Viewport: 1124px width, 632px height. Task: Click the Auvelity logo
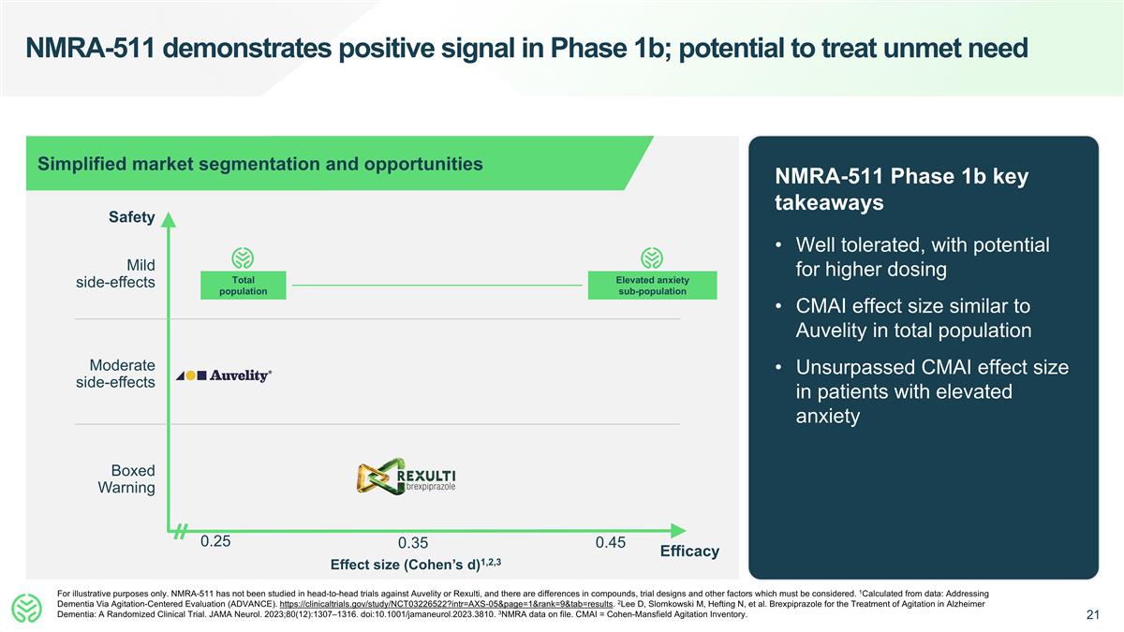coord(224,375)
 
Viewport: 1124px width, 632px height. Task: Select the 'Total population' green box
coord(243,286)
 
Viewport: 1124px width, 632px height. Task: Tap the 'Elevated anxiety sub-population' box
coord(652,286)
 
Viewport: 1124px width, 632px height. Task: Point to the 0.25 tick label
coord(215,541)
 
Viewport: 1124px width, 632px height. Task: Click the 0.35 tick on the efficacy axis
coord(412,544)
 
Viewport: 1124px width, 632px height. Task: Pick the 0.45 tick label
coord(610,541)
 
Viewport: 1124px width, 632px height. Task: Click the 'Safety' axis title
coord(131,217)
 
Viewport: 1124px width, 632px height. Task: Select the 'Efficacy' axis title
coord(689,551)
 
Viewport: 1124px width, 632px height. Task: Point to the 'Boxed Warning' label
coord(126,479)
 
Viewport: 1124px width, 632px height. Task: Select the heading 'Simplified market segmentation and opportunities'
coord(260,164)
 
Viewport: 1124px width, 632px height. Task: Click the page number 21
coord(1092,615)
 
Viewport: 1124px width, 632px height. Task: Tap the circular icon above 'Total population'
coord(243,257)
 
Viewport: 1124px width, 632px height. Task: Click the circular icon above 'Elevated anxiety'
coord(652,257)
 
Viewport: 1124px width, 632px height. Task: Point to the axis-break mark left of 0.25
coord(181,532)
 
